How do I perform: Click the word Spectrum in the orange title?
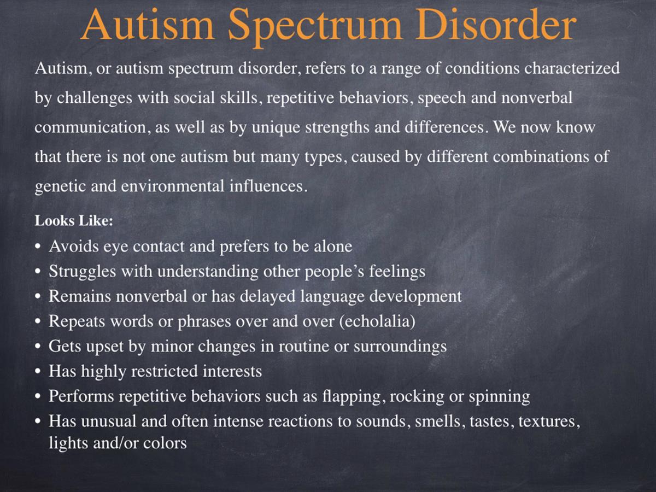pyautogui.click(x=315, y=26)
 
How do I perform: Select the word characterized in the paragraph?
pyautogui.click(x=572, y=68)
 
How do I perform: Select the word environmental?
pyautogui.click(x=172, y=186)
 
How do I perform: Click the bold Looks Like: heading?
pyautogui.click(x=74, y=221)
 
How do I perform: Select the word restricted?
pyautogui.click(x=165, y=372)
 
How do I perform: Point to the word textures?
pyautogui.click(x=547, y=422)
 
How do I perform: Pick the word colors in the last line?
pyautogui.click(x=165, y=443)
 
